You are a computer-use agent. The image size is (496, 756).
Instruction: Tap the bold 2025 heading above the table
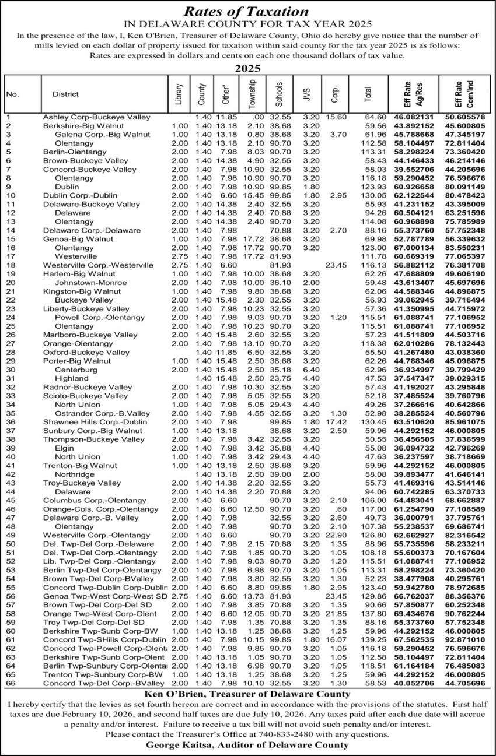click(x=247, y=68)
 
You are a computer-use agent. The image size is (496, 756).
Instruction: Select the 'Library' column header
click(x=179, y=94)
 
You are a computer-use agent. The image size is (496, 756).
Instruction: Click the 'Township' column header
click(x=252, y=94)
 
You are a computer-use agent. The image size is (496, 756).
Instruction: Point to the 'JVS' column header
click(x=307, y=94)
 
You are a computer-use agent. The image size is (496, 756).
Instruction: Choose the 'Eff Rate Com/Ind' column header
click(x=463, y=94)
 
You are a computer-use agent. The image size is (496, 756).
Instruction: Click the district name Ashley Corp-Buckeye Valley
click(x=96, y=117)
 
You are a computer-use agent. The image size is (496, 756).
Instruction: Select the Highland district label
click(x=71, y=378)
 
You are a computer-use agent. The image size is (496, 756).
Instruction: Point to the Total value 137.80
click(x=375, y=613)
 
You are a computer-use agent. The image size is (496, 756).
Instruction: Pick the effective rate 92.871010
click(x=464, y=639)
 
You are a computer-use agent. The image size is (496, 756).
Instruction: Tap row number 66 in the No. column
click(x=11, y=683)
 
